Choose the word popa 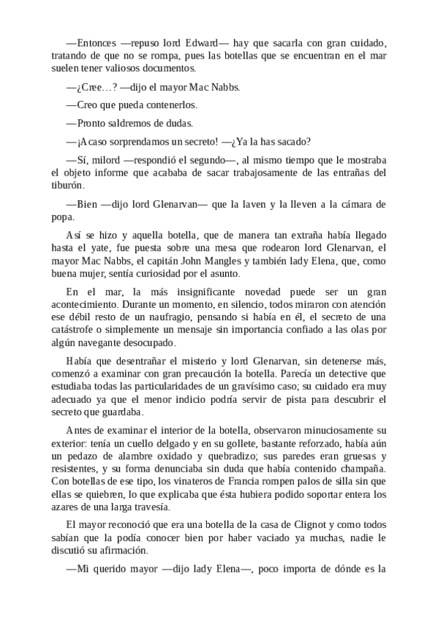pos(64,217)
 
